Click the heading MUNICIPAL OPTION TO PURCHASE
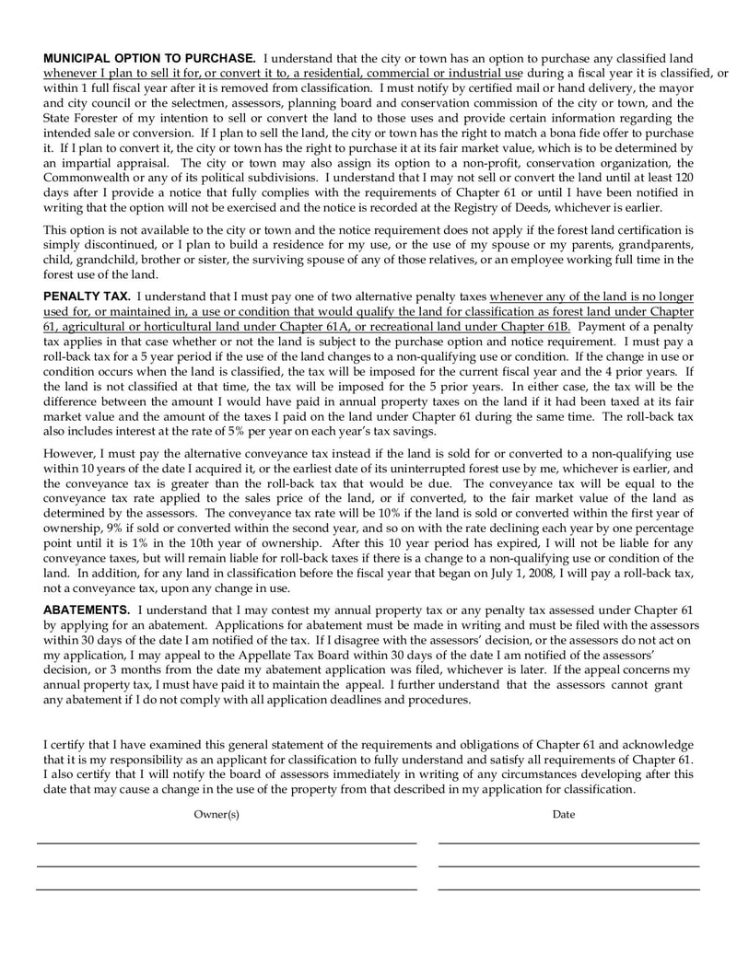coord(150,57)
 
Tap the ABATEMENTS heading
coord(87,610)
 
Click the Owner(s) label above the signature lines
coord(216,814)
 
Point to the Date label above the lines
coord(563,814)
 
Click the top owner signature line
coord(226,843)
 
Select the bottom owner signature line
coord(226,889)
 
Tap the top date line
coord(568,843)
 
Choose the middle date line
coord(568,866)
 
